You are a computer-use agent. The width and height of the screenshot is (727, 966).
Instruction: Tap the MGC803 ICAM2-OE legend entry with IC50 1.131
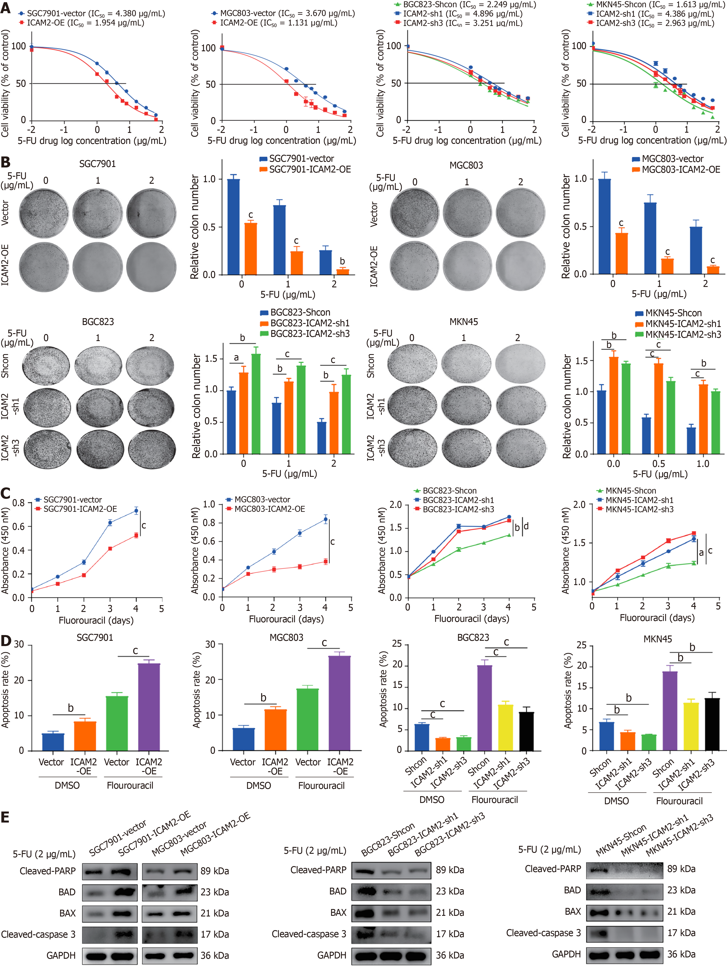275,23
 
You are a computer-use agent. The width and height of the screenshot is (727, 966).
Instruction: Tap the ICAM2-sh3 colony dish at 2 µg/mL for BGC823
152,450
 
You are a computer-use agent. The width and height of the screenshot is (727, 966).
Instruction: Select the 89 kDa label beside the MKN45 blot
681,869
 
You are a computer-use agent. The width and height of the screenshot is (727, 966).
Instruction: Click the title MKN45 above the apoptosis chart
657,639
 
